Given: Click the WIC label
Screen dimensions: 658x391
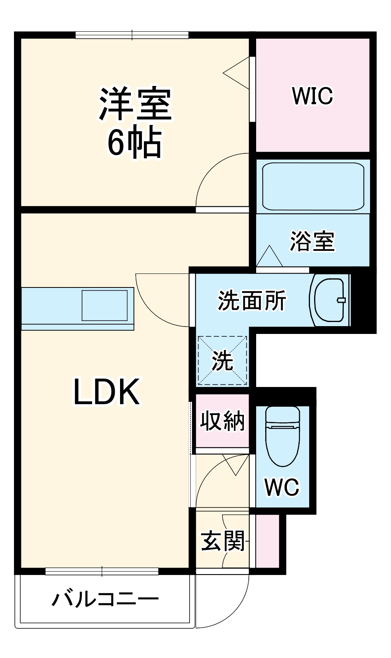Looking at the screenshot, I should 312,96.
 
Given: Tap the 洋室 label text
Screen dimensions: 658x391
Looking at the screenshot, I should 135,104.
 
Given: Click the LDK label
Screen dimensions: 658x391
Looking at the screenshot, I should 106,392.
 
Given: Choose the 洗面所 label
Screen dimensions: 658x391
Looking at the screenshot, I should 252,301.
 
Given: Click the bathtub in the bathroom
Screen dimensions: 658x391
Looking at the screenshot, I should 313,186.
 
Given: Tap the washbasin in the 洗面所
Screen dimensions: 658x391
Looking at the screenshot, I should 329,300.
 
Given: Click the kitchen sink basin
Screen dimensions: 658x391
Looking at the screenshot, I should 104,305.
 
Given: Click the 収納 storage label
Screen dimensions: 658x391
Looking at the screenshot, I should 222,421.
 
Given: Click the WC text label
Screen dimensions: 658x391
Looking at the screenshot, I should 282,487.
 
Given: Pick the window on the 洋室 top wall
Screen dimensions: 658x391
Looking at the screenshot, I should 132,35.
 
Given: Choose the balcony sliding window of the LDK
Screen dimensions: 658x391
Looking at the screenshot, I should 102,571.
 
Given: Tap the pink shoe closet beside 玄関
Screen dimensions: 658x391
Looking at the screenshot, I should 267,540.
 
